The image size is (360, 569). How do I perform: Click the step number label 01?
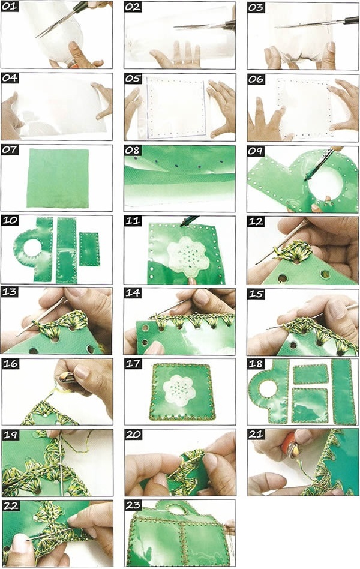[x=10, y=7]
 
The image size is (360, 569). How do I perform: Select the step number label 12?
[x=256, y=221]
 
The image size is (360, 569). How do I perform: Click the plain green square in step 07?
[x=58, y=178]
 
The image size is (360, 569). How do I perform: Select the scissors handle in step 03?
[x=351, y=20]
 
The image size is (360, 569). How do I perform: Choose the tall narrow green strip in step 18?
[x=343, y=391]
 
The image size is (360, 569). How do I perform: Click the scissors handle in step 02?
[x=229, y=25]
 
